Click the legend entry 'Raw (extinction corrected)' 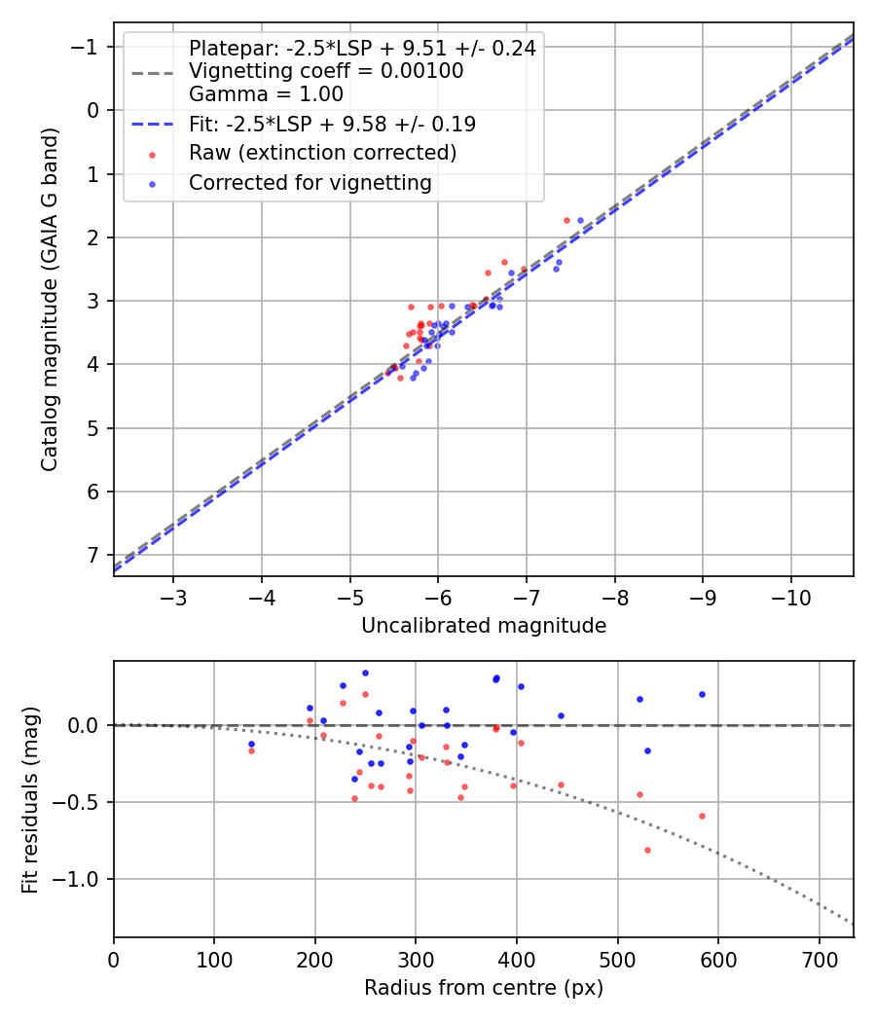point(322,153)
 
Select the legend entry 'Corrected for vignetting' point(310,182)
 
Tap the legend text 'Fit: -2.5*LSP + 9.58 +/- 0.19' point(332,125)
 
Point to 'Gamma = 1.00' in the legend point(266,95)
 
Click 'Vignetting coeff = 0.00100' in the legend point(326,71)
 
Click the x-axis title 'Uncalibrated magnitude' point(484,626)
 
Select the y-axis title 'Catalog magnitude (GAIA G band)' point(51,299)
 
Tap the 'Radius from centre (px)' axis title point(484,988)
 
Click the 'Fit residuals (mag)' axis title point(30,799)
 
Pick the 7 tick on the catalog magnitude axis point(94,555)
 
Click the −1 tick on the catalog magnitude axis point(88,47)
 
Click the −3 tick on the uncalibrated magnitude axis point(173,595)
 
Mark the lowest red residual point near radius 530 point(647,850)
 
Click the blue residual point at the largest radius point(702,694)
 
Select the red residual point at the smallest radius point(251,750)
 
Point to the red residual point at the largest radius point(702,816)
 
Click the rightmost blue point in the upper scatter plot point(581,220)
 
